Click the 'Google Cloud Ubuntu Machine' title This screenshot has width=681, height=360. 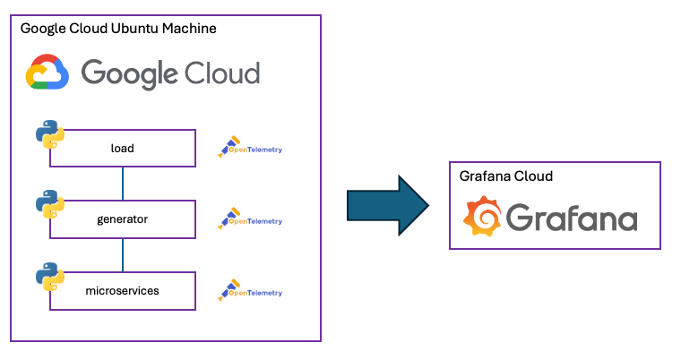coord(118,29)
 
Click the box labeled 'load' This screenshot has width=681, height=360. coord(123,149)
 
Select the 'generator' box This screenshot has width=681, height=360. coord(123,219)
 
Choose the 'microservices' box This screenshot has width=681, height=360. coord(123,291)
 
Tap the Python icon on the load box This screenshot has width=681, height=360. coord(49,134)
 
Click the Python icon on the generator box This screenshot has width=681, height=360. coord(49,204)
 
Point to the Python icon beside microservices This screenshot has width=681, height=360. coord(49,277)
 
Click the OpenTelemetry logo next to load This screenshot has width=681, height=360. coord(250,149)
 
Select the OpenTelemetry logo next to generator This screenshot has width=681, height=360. coord(250,219)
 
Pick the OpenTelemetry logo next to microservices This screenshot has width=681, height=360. coord(250,291)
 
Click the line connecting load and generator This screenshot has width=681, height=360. coord(123,184)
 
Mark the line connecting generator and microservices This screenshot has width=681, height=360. coord(123,255)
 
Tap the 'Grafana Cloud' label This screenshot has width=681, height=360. coord(505,176)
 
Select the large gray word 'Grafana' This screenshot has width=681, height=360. coord(572,219)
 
